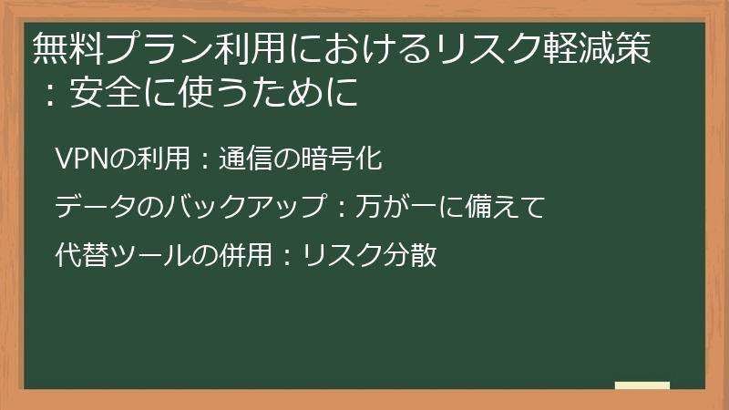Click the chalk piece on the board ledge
(x=642, y=385)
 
